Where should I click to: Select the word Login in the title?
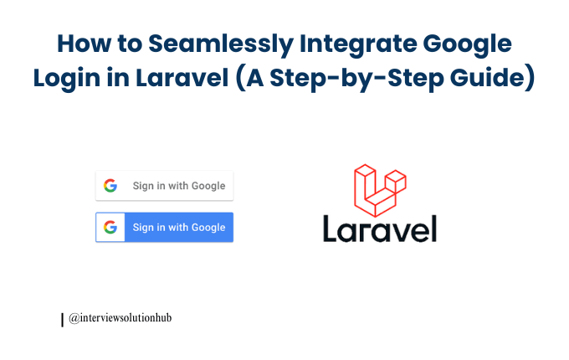point(65,78)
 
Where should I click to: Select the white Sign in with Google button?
point(164,186)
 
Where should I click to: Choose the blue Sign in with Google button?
point(164,227)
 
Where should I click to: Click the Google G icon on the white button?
point(110,186)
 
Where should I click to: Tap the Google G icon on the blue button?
point(110,227)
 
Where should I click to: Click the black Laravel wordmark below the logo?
point(379,228)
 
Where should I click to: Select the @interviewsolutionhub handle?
point(120,318)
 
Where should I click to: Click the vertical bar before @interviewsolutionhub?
point(63,319)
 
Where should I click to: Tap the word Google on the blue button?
point(208,227)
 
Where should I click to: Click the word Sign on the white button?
point(143,186)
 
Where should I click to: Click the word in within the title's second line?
point(110,78)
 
